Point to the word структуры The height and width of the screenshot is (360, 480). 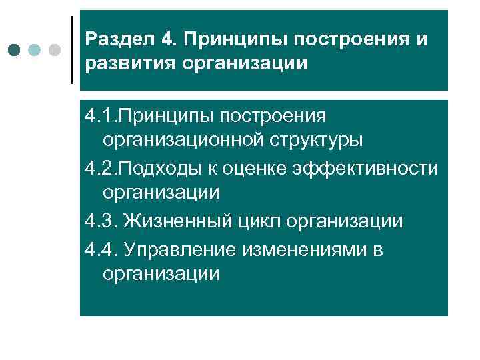pos(321,141)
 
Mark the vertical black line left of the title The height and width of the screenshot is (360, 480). pos(72,50)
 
